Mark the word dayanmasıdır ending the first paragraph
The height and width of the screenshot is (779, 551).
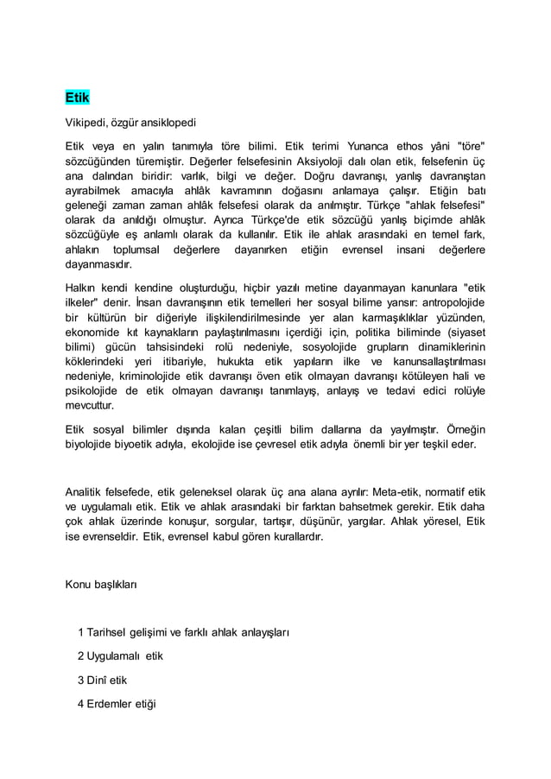click(x=99, y=266)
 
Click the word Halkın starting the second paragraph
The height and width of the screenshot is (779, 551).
click(x=85, y=288)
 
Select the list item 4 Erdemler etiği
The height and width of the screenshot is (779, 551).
click(x=116, y=703)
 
